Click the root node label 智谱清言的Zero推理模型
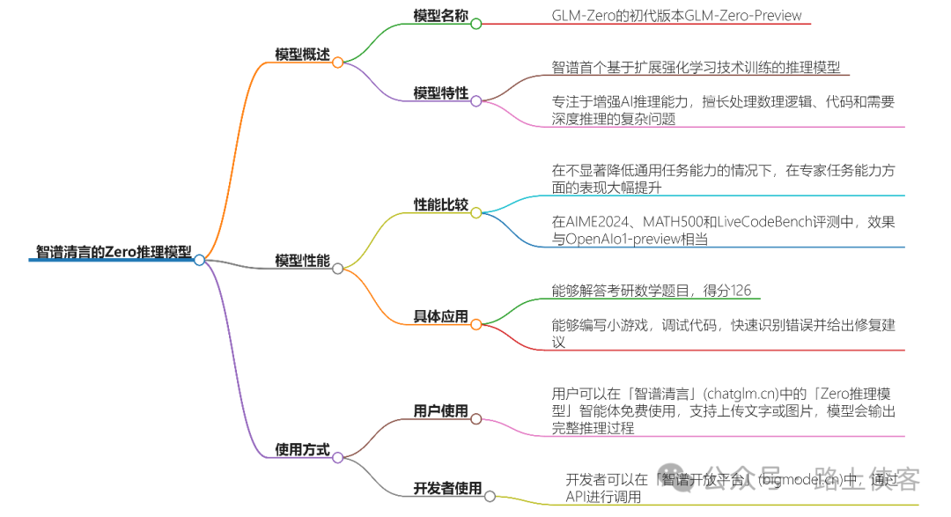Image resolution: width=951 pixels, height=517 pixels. pyautogui.click(x=113, y=252)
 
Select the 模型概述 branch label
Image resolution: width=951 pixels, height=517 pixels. pyautogui.click(x=302, y=55)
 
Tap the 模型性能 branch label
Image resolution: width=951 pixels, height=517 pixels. pyautogui.click(x=302, y=261)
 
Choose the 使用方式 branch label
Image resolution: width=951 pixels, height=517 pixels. pyautogui.click(x=302, y=450)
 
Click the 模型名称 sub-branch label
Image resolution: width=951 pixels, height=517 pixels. pyautogui.click(x=441, y=16)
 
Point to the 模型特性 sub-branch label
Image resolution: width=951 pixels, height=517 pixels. pyautogui.click(x=441, y=93)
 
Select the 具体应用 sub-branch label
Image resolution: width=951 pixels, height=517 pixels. pyautogui.click(x=441, y=317)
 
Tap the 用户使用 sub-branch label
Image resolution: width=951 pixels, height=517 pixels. pyautogui.click(x=441, y=411)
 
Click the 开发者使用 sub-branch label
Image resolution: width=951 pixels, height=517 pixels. pyautogui.click(x=448, y=488)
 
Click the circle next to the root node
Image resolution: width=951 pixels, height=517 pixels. pyautogui.click(x=200, y=260)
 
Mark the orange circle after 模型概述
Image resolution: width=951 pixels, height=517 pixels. pyautogui.click(x=337, y=63)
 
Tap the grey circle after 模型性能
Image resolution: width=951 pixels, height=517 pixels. pyautogui.click(x=337, y=269)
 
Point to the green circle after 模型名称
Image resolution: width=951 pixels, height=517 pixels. pyautogui.click(x=476, y=24)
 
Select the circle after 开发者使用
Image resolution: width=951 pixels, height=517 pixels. pyautogui.click(x=490, y=497)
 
